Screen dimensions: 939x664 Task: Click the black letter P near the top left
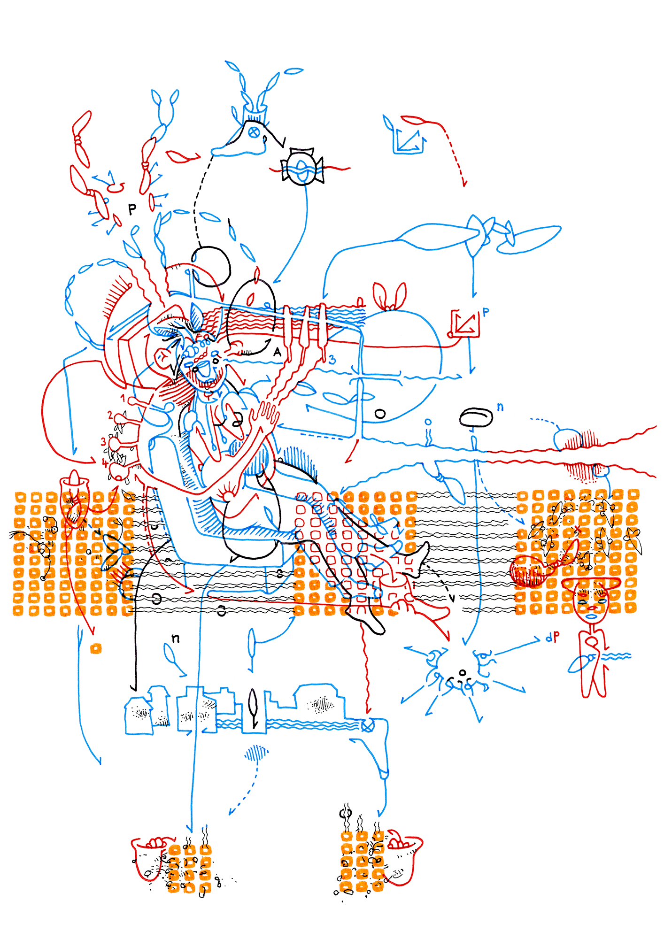pyautogui.click(x=132, y=209)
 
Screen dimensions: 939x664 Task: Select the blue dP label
pyautogui.click(x=553, y=637)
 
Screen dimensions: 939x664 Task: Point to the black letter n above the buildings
pyautogui.click(x=175, y=638)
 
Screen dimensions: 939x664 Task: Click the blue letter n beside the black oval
pyautogui.click(x=500, y=407)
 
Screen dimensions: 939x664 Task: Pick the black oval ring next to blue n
pyautogui.click(x=476, y=416)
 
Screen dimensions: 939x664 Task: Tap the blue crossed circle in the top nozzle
pyautogui.click(x=254, y=132)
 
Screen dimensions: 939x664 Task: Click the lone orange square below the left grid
pyautogui.click(x=96, y=648)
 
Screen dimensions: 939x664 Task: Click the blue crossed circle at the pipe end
pyautogui.click(x=367, y=726)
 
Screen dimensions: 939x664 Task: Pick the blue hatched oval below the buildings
pyautogui.click(x=256, y=753)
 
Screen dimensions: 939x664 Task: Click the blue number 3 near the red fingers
pyautogui.click(x=332, y=360)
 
